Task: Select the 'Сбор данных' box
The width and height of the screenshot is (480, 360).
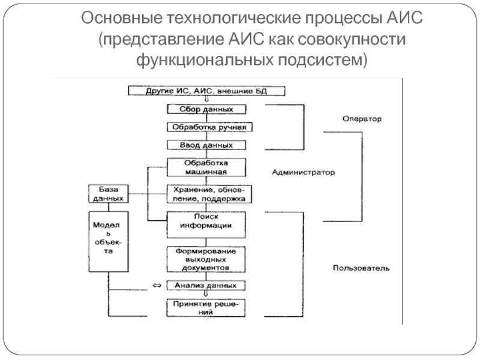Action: (206, 109)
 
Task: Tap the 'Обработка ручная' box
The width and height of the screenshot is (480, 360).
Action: (206, 127)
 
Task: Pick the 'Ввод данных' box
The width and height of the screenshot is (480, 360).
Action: (206, 145)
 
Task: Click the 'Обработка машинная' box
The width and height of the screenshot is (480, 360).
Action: (206, 167)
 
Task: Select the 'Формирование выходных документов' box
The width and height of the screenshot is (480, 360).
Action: (206, 259)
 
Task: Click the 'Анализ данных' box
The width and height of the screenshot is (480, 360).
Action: (206, 286)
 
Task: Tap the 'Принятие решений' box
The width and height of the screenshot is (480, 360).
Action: (206, 308)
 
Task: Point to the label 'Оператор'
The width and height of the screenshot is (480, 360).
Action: (362, 119)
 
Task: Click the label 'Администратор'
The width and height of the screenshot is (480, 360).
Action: (304, 172)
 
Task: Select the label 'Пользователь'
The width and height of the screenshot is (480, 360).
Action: (361, 268)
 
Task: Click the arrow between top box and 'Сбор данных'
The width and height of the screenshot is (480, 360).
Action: (206, 100)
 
